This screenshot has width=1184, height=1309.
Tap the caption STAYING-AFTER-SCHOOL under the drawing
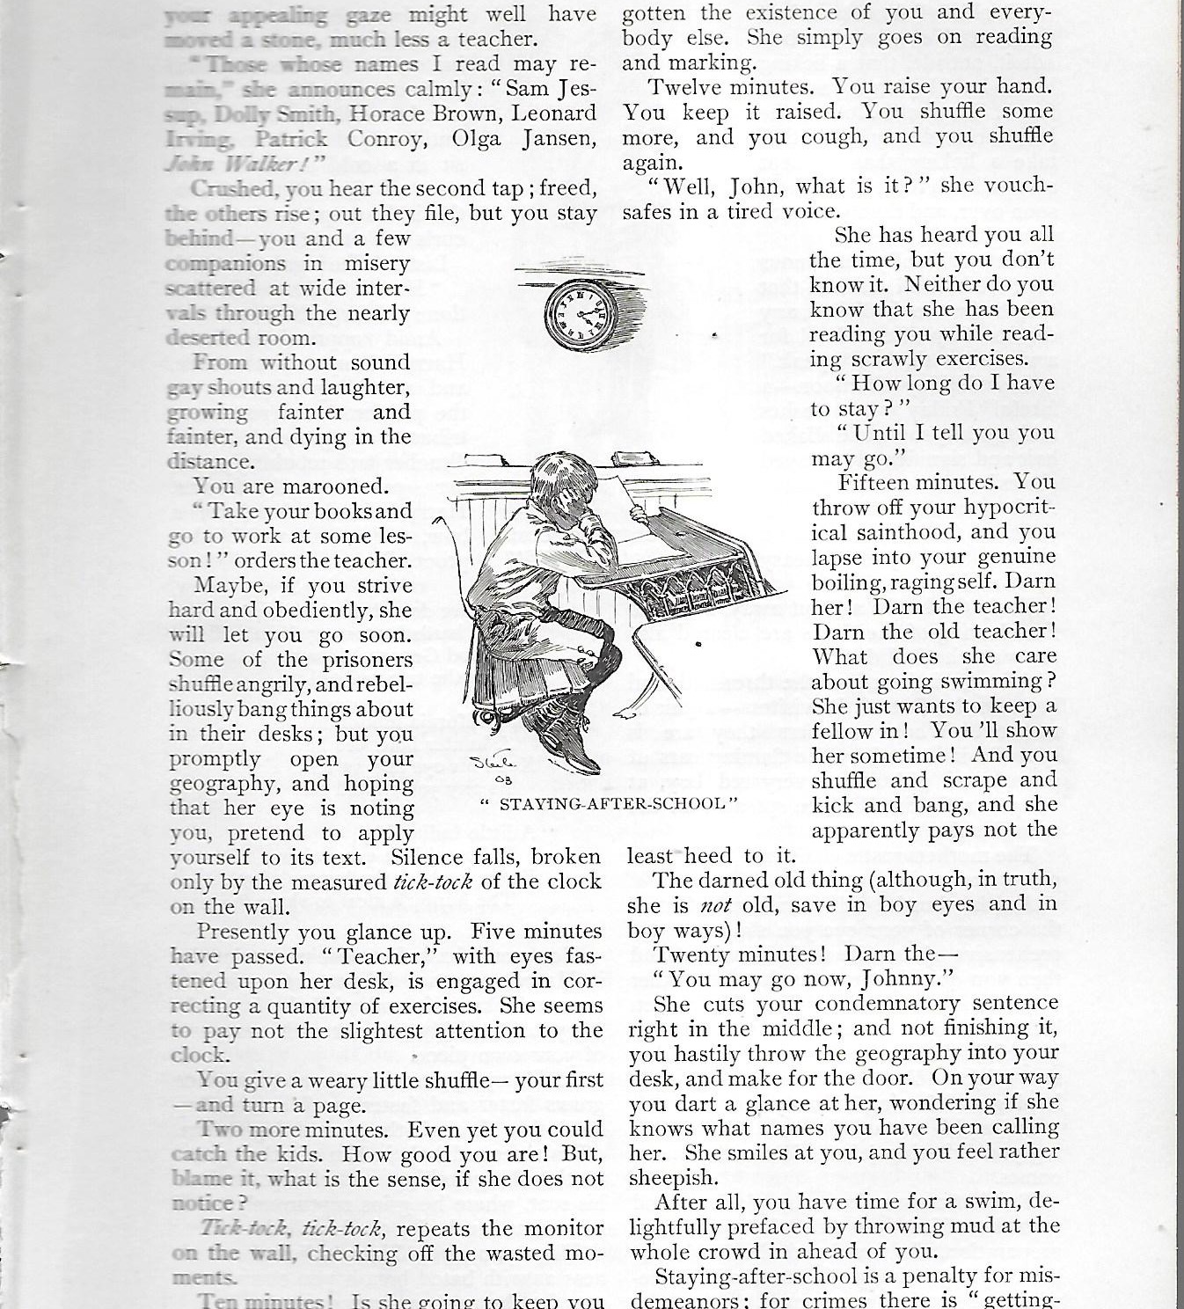(x=608, y=802)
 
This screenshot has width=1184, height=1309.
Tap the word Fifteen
(x=874, y=482)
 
